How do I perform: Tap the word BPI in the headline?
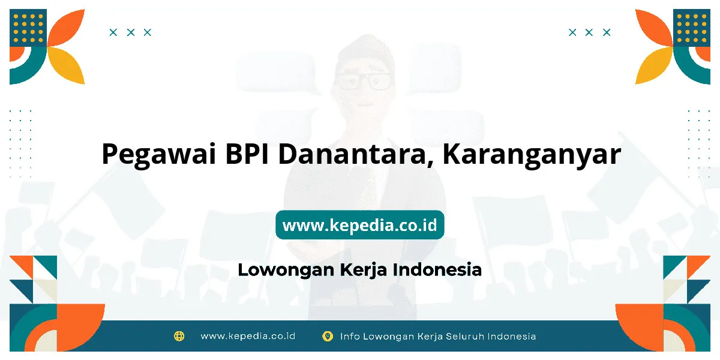point(247,154)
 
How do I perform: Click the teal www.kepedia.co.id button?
point(359,225)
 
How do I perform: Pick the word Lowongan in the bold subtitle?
point(286,270)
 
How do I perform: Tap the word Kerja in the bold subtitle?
point(363,270)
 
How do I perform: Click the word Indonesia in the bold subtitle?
point(437,269)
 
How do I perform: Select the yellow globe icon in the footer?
point(179,336)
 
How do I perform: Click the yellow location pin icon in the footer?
point(328,336)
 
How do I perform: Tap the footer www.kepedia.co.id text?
point(248,336)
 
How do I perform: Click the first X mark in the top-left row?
point(113,32)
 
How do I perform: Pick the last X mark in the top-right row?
point(607,32)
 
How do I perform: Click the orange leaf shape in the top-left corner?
point(66,28)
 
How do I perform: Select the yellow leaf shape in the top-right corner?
point(654,65)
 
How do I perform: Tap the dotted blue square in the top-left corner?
point(28,28)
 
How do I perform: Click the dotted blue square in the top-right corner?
point(692,28)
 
